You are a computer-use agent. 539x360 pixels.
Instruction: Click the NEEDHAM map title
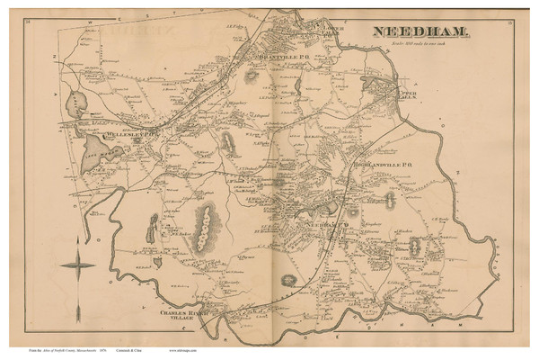[x=419, y=33]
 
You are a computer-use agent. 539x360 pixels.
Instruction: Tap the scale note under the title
[x=420, y=46]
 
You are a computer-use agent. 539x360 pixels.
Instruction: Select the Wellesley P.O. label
[x=131, y=132]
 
